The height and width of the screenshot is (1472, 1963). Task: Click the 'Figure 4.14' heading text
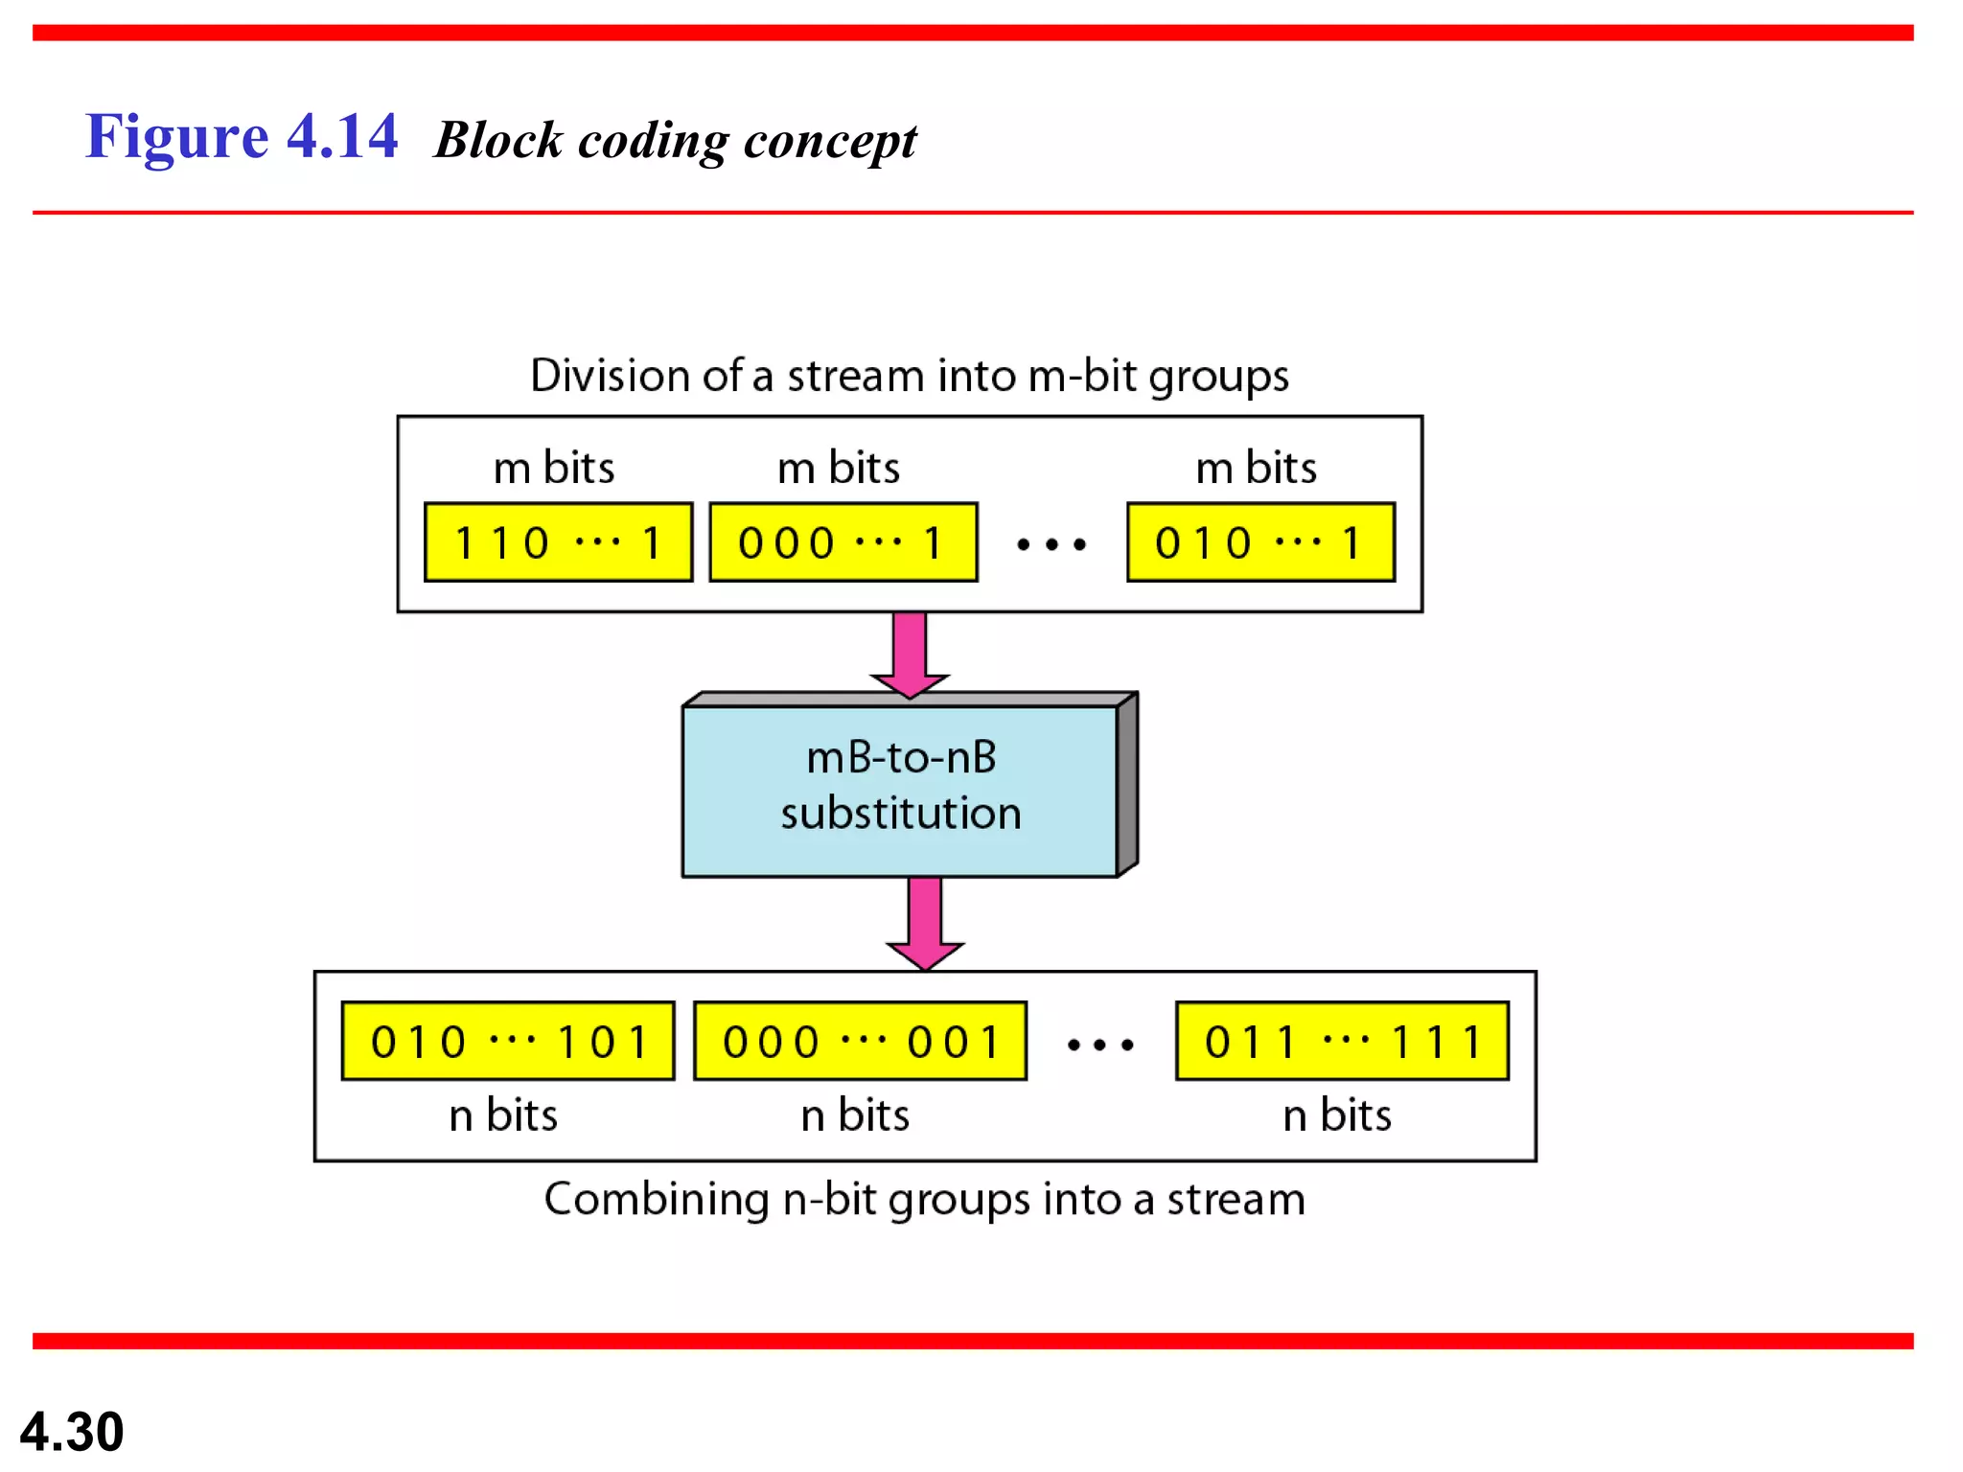[x=241, y=136]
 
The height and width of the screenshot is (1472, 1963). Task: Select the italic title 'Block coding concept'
[x=675, y=141]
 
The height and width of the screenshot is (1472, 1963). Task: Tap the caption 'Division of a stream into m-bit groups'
[x=909, y=375]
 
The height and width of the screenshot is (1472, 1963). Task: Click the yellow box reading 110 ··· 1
[x=558, y=542]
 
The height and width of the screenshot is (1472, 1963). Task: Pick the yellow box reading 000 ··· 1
[x=843, y=542]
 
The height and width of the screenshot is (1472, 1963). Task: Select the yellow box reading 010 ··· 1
[x=1259, y=542]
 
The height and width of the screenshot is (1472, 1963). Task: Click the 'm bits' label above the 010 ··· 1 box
[x=1256, y=468]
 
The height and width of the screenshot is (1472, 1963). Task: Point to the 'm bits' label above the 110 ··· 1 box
[x=553, y=468]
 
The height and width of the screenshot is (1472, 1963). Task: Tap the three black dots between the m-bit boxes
[x=1051, y=544]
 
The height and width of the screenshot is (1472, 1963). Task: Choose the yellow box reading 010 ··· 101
[x=508, y=1041]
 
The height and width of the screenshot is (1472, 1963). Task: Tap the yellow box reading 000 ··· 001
[x=860, y=1041]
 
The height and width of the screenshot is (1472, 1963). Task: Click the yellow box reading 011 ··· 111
[x=1342, y=1041]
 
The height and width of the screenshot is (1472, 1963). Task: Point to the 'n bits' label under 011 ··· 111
[x=1337, y=1115]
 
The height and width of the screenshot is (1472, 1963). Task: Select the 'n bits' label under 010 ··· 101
[x=503, y=1115]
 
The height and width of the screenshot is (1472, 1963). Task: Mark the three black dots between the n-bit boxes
[x=1100, y=1045]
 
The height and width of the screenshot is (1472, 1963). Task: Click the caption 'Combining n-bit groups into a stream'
[x=924, y=1199]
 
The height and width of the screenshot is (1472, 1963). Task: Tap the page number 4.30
[x=72, y=1431]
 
